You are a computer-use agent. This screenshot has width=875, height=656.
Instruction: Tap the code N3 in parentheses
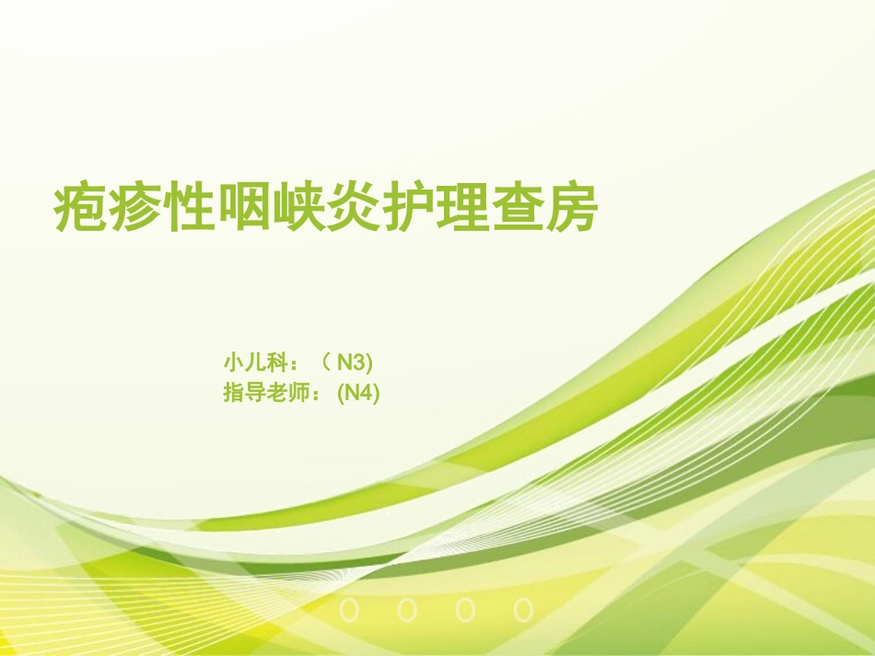pos(354,360)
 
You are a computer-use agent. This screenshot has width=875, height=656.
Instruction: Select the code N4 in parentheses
pos(359,393)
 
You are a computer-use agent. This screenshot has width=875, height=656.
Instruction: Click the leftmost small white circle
pos(349,609)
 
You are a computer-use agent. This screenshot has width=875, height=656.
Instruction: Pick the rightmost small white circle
pos(524,609)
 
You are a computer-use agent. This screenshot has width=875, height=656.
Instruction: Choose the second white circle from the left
pos(407,609)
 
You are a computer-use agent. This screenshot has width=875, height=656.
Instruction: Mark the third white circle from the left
pos(466,609)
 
